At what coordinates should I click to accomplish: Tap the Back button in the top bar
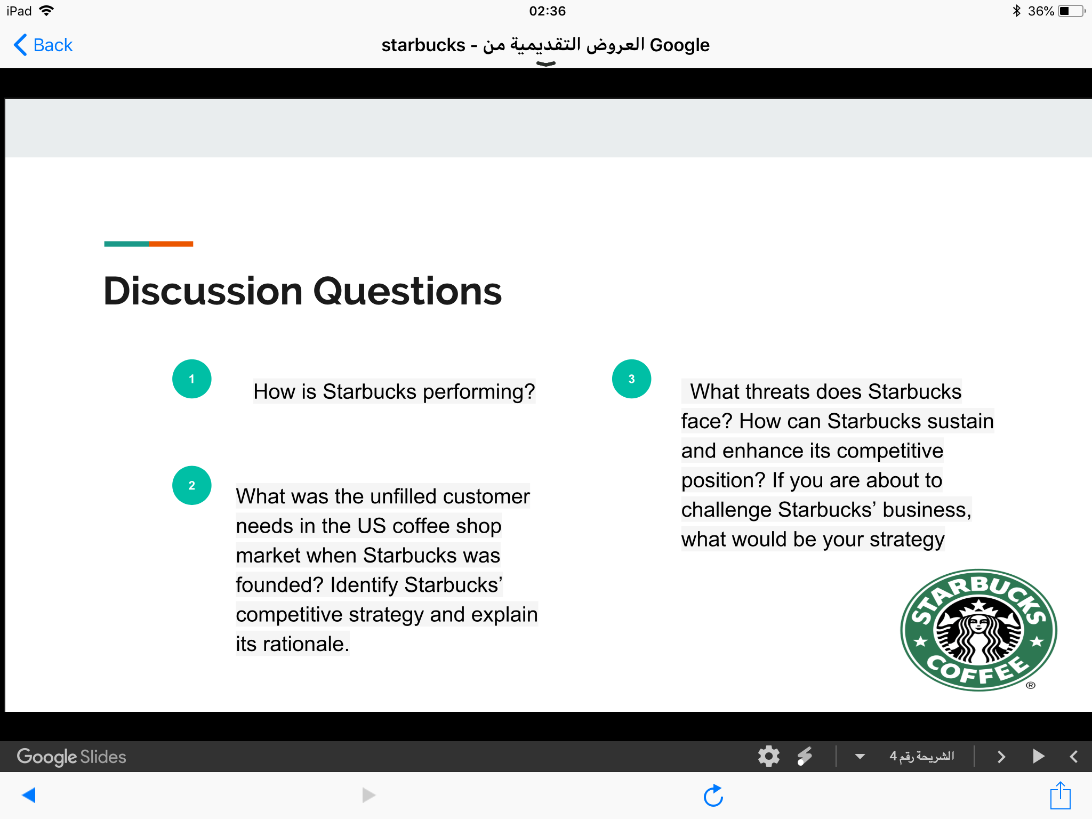point(43,45)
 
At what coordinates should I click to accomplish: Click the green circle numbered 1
point(192,379)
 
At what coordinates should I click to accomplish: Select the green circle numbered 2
point(192,485)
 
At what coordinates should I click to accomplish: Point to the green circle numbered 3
point(631,379)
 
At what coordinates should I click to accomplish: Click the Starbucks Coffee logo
point(978,630)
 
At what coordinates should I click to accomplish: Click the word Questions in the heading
point(408,292)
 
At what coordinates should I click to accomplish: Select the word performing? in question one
point(479,392)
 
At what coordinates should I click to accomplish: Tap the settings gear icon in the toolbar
point(768,756)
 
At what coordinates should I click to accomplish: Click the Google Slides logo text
point(71,757)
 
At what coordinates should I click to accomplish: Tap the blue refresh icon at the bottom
point(713,796)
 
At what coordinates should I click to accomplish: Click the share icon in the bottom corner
point(1061,795)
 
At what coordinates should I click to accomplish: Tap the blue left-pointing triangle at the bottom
point(29,795)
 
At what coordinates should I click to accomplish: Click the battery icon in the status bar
point(1072,11)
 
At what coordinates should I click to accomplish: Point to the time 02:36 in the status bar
point(547,11)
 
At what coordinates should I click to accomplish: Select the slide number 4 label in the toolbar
point(921,756)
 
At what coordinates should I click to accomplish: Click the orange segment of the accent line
point(171,244)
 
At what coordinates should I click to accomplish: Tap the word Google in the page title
point(680,45)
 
